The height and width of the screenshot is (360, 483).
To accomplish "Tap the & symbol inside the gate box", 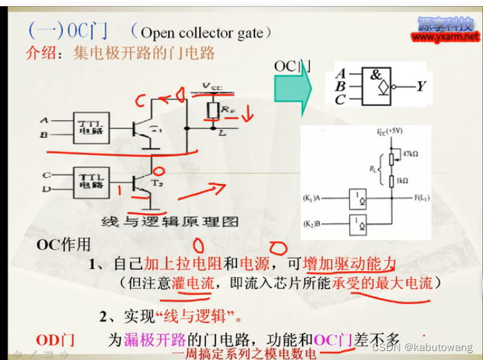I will point(376,75).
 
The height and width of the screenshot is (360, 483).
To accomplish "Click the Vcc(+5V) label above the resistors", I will point(392,130).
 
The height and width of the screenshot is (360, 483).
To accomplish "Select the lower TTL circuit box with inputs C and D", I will point(87,183).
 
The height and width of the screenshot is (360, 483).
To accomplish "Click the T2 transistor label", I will point(158,184).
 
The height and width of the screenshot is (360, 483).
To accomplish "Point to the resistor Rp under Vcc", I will point(214,108).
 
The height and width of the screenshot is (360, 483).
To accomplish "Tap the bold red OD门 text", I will point(54,339).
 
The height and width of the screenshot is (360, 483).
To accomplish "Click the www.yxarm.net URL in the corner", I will point(446,37).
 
